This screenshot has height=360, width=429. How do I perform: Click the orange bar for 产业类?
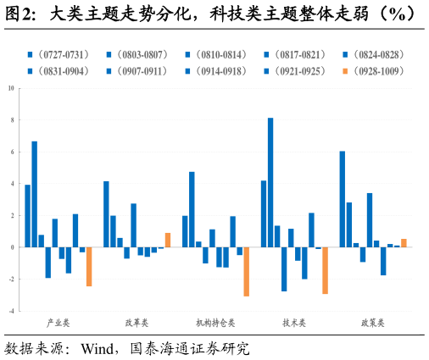[89, 267]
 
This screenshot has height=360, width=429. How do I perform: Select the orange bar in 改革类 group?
[168, 240]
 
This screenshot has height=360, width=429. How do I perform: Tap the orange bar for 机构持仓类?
[247, 272]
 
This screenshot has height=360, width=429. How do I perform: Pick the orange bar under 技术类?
[326, 270]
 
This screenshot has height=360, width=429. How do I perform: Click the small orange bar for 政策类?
[404, 243]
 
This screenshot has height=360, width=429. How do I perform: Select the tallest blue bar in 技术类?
[270, 182]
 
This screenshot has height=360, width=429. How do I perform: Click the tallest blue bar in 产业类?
[34, 194]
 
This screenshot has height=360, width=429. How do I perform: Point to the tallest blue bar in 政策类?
[343, 199]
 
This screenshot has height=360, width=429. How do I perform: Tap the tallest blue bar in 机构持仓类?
[192, 209]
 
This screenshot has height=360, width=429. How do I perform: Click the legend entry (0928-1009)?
[374, 71]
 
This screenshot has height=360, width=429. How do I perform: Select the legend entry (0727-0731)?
[58, 54]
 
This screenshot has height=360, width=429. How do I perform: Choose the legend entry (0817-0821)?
[295, 54]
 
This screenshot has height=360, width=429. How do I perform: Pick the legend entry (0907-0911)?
[137, 71]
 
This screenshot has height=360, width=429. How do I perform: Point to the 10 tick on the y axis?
[11, 88]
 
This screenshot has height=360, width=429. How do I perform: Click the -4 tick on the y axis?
[11, 311]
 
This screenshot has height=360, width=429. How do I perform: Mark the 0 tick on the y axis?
[12, 247]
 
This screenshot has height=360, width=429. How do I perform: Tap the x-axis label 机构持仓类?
[215, 323]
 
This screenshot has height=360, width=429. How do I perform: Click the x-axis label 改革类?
[136, 323]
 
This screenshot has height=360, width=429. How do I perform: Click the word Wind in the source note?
[97, 349]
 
